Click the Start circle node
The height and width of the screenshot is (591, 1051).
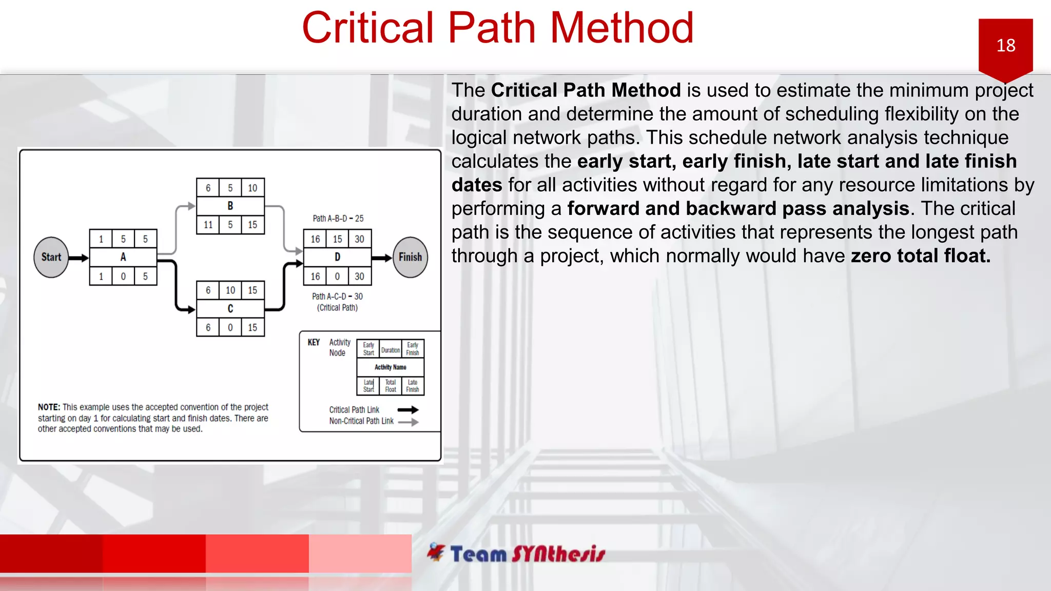click(x=51, y=257)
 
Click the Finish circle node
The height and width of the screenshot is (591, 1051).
click(x=410, y=257)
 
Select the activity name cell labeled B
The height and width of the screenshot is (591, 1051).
click(x=230, y=206)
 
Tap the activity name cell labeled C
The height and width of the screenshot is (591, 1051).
click(x=230, y=308)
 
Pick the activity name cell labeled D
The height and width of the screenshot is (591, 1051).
click(x=337, y=257)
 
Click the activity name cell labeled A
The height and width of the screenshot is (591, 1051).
click(x=123, y=257)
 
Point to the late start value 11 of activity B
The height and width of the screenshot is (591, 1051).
click(x=208, y=225)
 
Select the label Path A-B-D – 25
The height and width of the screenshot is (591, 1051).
click(x=338, y=219)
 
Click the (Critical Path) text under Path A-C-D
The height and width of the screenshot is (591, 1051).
click(x=337, y=308)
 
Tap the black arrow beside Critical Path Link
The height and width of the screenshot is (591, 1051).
click(x=408, y=410)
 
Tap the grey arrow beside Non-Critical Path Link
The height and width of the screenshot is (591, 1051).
click(x=408, y=422)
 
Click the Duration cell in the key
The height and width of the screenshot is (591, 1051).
click(x=391, y=350)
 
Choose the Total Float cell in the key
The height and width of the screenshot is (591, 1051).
click(x=391, y=386)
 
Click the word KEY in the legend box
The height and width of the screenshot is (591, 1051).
click(x=314, y=342)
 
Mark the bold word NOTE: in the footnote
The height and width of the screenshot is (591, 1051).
click(x=49, y=407)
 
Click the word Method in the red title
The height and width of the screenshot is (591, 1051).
click(x=622, y=28)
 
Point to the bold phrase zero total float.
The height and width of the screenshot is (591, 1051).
click(x=920, y=256)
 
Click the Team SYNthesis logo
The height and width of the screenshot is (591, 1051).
click(x=516, y=554)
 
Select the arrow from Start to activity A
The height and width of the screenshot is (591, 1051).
click(x=79, y=258)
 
